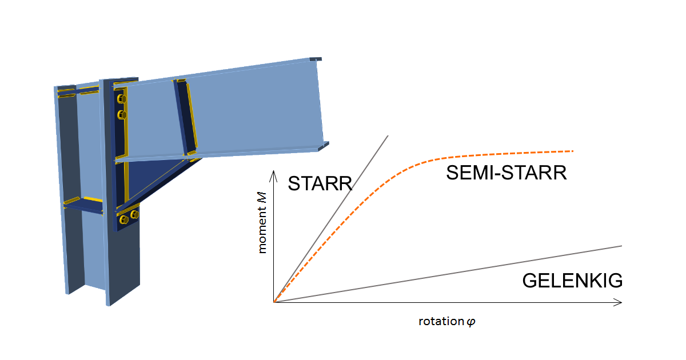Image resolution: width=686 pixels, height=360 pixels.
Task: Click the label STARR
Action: tap(320, 183)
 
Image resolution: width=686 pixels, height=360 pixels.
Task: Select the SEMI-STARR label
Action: tap(506, 173)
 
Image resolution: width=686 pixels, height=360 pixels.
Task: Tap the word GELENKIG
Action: tap(572, 281)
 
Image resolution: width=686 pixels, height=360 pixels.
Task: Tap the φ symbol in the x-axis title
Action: tap(471, 322)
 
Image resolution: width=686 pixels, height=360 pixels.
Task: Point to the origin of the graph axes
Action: tap(274, 302)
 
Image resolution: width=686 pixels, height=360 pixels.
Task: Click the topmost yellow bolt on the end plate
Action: tap(121, 99)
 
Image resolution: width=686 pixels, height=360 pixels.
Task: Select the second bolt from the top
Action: tap(121, 115)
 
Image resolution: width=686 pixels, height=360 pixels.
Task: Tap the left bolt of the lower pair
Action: tap(123, 219)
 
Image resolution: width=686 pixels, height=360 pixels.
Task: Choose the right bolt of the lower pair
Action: tap(135, 215)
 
